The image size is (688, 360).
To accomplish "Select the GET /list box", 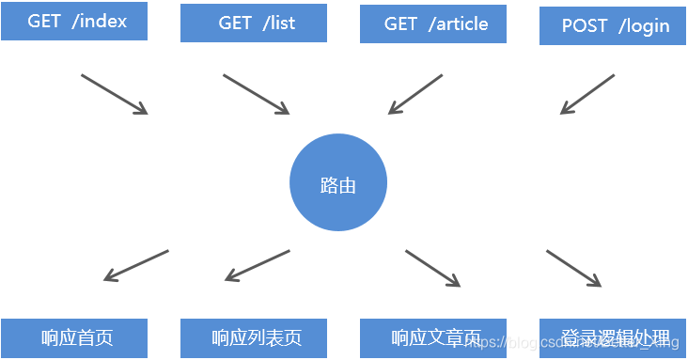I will point(254,23).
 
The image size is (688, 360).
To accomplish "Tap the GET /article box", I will point(432,23).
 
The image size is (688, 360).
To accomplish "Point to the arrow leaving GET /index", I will point(115,94).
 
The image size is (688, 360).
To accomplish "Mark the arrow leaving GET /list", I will point(257,94).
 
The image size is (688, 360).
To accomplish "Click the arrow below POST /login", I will point(587,94).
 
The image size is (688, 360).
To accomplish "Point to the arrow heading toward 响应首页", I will point(136,265).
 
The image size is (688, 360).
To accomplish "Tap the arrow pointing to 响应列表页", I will point(258,265).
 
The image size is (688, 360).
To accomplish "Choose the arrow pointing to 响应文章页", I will point(433,268).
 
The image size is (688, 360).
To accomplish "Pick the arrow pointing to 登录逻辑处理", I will point(573,268).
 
